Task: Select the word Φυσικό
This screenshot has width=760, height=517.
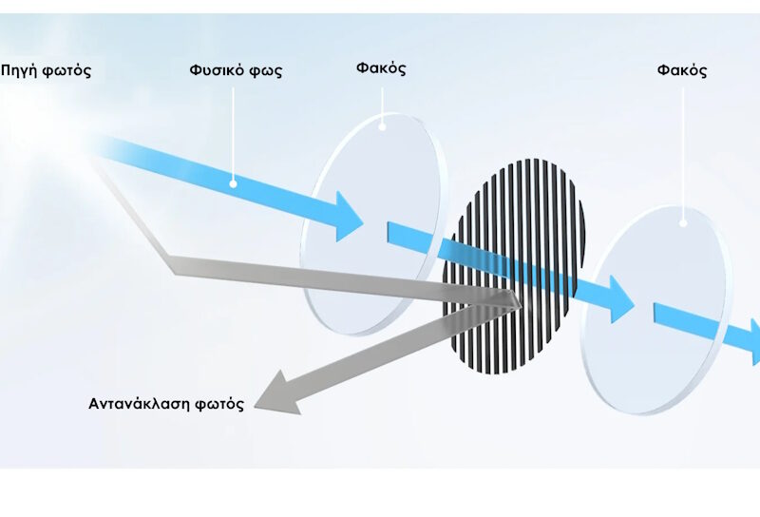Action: coord(217,70)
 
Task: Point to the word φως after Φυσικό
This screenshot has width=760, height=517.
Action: coord(266,71)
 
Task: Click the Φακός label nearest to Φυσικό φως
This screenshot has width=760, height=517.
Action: coord(381,68)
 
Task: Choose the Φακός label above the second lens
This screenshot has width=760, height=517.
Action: coord(682,70)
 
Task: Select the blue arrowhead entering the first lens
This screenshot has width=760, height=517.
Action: coord(350,217)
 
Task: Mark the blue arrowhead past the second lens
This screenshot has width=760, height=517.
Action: coord(755,341)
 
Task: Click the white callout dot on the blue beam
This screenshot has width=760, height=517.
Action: coord(233,183)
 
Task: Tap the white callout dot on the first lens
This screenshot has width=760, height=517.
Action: coord(382,127)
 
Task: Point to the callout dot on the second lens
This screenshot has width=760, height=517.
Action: coord(683,223)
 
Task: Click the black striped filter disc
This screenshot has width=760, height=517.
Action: coord(514,267)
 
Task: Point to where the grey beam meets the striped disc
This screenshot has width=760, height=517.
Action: coord(518,301)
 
